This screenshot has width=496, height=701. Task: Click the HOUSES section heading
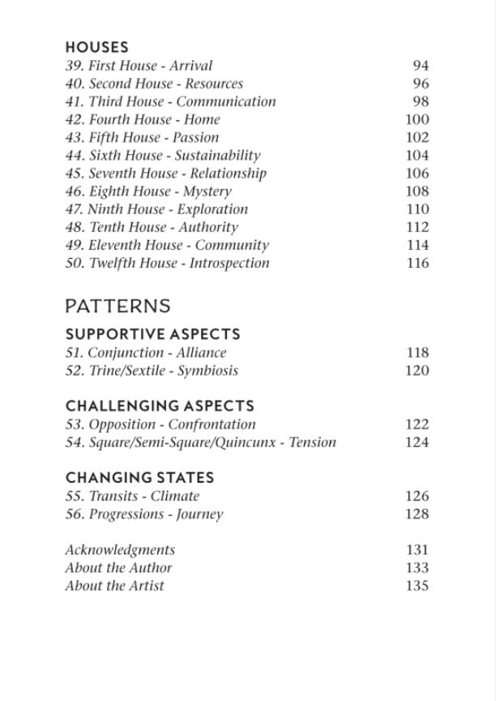pyautogui.click(x=96, y=48)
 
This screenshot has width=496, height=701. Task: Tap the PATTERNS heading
pyautogui.click(x=118, y=306)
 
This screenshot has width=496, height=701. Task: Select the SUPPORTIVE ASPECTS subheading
pyautogui.click(x=152, y=334)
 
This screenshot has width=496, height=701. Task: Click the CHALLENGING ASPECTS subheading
pyautogui.click(x=160, y=406)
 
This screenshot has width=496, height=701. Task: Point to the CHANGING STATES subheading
pyautogui.click(x=139, y=478)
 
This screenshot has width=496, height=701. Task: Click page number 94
pyautogui.click(x=420, y=66)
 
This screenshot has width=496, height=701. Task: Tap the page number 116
pyautogui.click(x=417, y=263)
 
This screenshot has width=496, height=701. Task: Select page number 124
pyautogui.click(x=417, y=442)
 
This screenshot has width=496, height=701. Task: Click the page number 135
pyautogui.click(x=417, y=586)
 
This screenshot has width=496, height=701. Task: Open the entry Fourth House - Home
pyautogui.click(x=143, y=119)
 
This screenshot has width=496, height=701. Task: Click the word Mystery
pyautogui.click(x=206, y=191)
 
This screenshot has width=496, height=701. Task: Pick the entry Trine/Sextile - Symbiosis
pyautogui.click(x=152, y=371)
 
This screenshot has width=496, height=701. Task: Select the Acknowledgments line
pyautogui.click(x=120, y=550)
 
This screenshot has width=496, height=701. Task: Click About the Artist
pyautogui.click(x=114, y=586)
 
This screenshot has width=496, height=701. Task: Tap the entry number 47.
pyautogui.click(x=74, y=209)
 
